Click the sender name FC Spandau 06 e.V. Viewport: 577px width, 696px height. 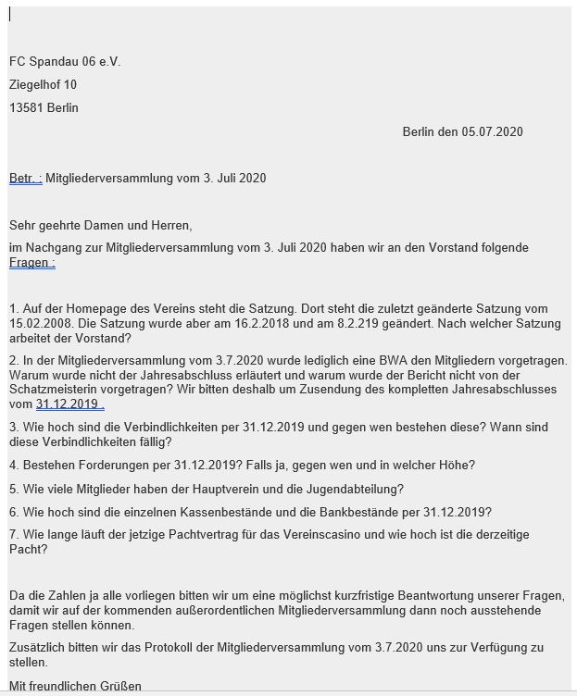pos(65,62)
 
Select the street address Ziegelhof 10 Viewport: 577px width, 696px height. pos(43,85)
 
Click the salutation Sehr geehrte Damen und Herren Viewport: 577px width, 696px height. pos(101,225)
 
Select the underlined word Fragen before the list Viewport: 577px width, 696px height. pos(30,263)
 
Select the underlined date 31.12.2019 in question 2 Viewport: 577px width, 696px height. pos(68,404)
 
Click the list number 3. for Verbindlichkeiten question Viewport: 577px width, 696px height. pos(14,428)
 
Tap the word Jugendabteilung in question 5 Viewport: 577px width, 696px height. pos(353,489)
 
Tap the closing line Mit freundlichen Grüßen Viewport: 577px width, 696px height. pos(75,687)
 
